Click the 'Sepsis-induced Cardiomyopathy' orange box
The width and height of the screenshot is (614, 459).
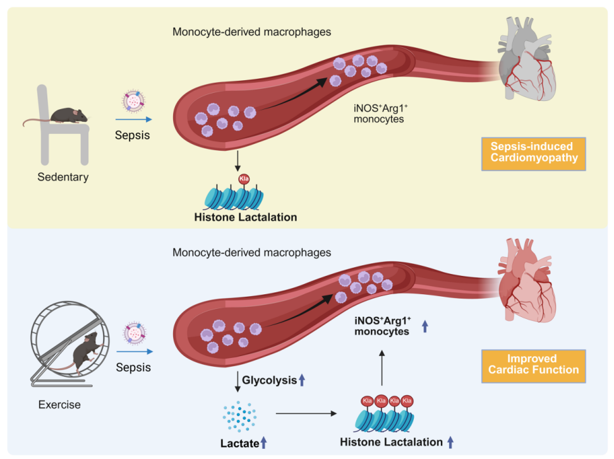[534, 152]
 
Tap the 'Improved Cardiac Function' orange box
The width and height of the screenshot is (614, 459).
[534, 364]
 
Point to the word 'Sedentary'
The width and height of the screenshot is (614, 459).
[63, 177]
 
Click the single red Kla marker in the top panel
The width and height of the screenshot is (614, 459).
[244, 179]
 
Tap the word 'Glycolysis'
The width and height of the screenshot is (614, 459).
[270, 380]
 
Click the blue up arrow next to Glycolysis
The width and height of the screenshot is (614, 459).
[302, 380]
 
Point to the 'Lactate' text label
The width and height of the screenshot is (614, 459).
[239, 443]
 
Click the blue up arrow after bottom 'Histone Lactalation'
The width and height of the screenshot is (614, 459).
[450, 442]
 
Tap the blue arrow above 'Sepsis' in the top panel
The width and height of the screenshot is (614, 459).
[133, 118]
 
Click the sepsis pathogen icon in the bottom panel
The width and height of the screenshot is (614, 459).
[134, 333]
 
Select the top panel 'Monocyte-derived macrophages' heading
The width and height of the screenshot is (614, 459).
[251, 31]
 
